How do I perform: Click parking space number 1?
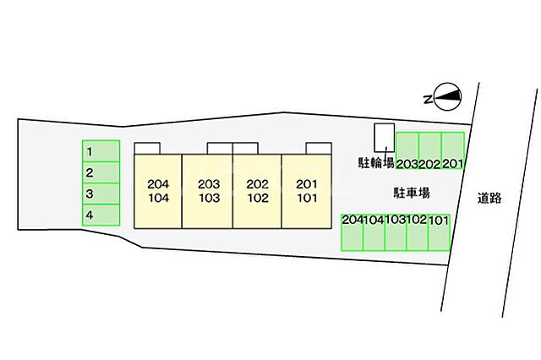tap(101, 151)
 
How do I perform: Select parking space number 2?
tap(101, 172)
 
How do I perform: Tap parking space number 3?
tap(101, 194)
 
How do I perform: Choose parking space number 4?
tap(101, 215)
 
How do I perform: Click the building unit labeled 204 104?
tap(158, 191)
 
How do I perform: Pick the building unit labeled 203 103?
tap(207, 191)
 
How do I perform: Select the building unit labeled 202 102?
tap(257, 191)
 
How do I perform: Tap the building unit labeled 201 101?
tap(307, 191)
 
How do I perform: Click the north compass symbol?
tap(443, 97)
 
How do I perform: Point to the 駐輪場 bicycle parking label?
tap(376, 162)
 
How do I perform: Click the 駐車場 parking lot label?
tap(412, 193)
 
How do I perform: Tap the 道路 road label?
tap(489, 198)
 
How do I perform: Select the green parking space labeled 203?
tap(407, 150)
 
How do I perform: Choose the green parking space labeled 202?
tap(430, 150)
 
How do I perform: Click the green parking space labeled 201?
tap(453, 150)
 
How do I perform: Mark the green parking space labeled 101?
tap(440, 232)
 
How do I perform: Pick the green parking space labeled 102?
tap(418, 232)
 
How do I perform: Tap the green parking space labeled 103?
tap(396, 232)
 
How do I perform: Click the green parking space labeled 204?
tap(352, 232)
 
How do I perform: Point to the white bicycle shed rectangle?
tap(385, 138)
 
